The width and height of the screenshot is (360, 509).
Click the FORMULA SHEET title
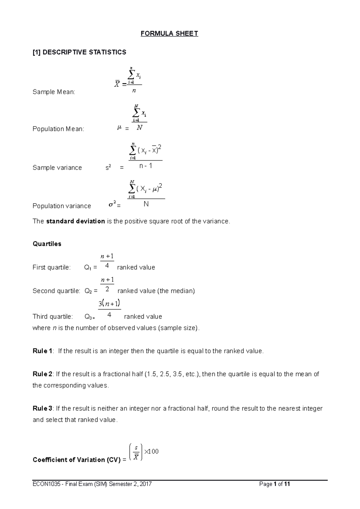[x=169, y=34]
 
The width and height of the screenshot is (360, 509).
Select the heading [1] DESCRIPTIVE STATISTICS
[x=79, y=52]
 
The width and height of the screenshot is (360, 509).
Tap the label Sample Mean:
[x=54, y=92]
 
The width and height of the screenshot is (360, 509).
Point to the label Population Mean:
[x=58, y=129]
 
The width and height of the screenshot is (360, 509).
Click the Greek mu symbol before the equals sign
[x=119, y=128]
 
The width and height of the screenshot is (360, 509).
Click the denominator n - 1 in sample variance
[x=146, y=166]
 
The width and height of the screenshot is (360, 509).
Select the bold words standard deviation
[x=76, y=222]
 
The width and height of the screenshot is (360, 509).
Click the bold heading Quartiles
[x=47, y=244]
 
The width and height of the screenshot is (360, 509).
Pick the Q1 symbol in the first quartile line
[x=88, y=268]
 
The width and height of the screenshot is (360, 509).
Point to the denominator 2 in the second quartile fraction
[x=107, y=290]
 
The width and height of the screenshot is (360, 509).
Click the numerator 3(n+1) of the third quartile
[x=109, y=304]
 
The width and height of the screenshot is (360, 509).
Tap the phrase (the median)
[x=176, y=291]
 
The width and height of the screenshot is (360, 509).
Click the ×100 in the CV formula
[x=151, y=451]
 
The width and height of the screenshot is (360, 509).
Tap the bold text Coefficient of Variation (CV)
[x=76, y=460]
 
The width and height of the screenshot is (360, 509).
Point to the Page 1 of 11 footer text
[x=275, y=484]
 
